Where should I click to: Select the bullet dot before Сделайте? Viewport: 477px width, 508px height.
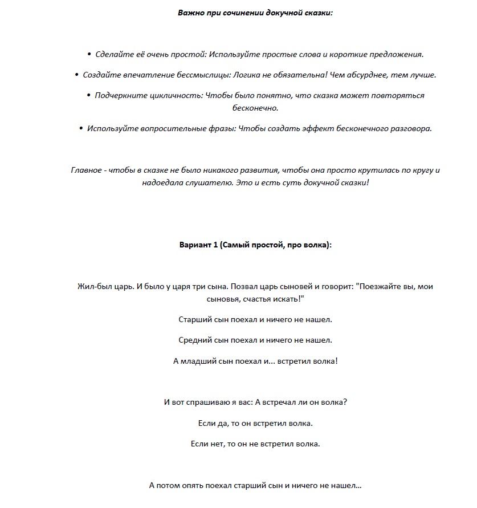[x=89, y=55]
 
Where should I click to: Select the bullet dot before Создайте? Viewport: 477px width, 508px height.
[x=77, y=75]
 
